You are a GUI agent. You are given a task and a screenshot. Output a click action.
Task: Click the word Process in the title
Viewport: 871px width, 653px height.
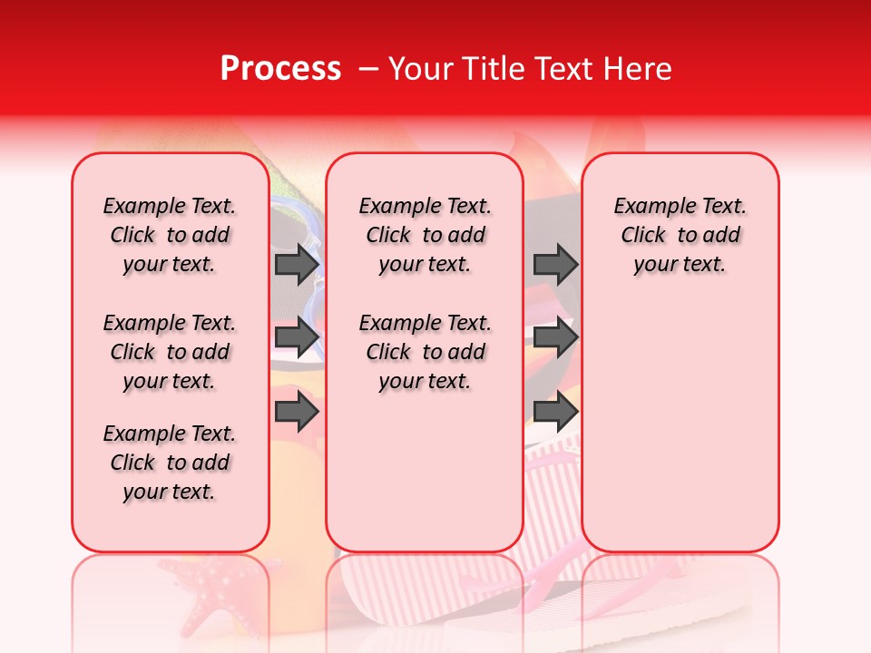point(280,69)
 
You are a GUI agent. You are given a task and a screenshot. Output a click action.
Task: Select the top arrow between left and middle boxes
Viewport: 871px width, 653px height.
point(297,264)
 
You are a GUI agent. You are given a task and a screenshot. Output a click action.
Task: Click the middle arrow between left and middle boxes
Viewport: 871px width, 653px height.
point(297,337)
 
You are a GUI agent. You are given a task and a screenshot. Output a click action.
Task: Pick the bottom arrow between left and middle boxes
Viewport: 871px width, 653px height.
point(297,412)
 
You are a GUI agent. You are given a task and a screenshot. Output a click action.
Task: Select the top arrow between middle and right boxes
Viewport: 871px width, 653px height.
point(555,264)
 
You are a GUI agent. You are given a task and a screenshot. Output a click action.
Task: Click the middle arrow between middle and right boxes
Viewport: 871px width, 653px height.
point(555,337)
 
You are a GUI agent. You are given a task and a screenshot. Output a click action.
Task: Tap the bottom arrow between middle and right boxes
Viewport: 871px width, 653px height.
point(555,412)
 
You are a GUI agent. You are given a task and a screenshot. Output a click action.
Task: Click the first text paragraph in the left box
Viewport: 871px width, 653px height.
point(170,235)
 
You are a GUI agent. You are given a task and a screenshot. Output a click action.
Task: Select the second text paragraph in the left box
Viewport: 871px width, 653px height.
point(170,352)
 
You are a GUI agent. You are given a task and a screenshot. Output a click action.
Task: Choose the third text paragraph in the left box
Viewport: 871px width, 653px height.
point(170,463)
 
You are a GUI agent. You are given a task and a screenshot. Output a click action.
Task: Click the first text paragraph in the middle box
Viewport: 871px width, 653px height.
point(425,235)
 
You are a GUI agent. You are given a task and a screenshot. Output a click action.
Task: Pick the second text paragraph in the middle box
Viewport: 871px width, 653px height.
point(425,352)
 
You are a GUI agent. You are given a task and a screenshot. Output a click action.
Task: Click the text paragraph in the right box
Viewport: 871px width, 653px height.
point(680,235)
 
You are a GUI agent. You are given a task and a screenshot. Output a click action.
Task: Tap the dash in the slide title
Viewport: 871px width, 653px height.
point(368,69)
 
